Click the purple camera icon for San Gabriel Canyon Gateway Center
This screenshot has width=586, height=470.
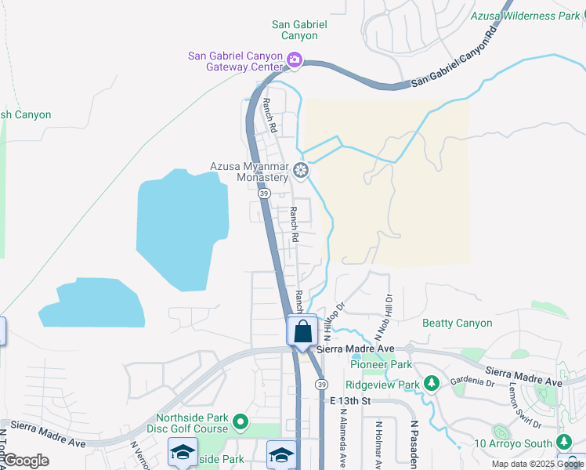tap(295, 59)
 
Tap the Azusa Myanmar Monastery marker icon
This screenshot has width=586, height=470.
tap(300, 171)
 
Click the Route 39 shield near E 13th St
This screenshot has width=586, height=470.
tap(321, 384)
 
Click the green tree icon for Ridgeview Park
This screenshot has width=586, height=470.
tap(430, 383)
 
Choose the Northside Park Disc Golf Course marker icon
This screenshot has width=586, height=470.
tap(241, 424)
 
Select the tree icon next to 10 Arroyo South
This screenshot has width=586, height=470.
tap(562, 441)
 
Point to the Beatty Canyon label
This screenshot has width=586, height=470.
tap(458, 323)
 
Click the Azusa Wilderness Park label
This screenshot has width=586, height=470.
tap(524, 16)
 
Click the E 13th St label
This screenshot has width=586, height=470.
tap(349, 400)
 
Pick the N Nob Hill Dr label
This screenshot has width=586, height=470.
tap(388, 311)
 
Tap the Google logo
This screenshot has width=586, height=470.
tap(26, 460)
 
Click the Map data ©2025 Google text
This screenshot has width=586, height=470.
tap(537, 464)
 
